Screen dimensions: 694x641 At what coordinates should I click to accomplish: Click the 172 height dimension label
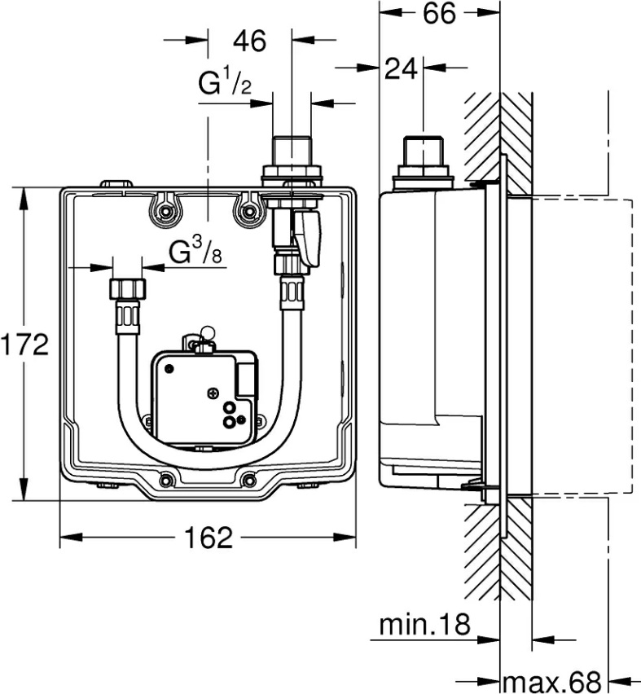[25, 345]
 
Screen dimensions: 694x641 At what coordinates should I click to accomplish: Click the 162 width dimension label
[209, 538]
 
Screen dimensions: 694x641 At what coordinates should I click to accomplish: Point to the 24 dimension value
[401, 69]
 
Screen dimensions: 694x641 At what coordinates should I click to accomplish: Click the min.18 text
[425, 625]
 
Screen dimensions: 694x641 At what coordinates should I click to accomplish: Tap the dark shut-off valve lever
[309, 237]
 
